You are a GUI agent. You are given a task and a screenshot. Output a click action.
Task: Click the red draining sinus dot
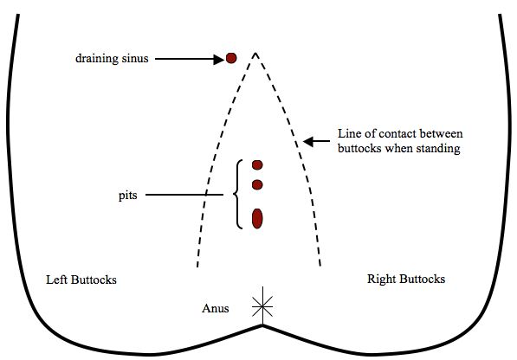click(231, 58)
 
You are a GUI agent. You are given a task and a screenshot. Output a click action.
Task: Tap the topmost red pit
click(257, 165)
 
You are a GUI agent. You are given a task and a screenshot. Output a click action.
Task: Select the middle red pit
click(257, 185)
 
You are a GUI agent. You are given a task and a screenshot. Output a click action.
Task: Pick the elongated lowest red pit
click(257, 219)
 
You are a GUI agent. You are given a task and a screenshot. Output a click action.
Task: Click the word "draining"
click(97, 59)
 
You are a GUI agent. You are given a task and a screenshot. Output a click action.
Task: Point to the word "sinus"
click(135, 58)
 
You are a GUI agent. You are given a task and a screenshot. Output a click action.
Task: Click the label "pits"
click(127, 196)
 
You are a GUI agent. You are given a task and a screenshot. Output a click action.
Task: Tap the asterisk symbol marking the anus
click(262, 306)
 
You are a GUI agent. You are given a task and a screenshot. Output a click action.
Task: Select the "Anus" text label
click(216, 308)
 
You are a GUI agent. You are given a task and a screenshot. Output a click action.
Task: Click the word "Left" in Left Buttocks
click(57, 280)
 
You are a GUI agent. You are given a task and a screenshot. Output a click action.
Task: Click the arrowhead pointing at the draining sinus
click(218, 60)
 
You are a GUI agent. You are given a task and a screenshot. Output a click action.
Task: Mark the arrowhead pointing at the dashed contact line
click(308, 142)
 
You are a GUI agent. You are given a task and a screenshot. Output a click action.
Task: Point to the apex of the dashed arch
click(255, 53)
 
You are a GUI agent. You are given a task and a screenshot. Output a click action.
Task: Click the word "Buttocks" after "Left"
click(94, 280)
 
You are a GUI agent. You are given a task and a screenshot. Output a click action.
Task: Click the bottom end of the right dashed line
click(320, 266)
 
